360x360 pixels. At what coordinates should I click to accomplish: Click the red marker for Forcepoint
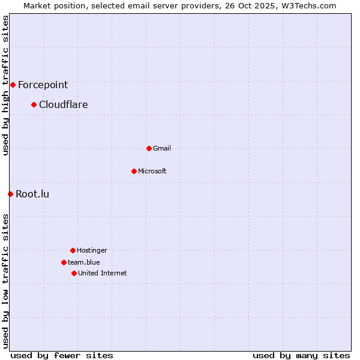pyautogui.click(x=13, y=85)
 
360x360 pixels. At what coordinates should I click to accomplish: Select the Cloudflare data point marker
pyautogui.click(x=34, y=105)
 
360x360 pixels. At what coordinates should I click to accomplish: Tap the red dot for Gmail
pyautogui.click(x=149, y=148)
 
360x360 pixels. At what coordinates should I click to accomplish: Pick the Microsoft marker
pyautogui.click(x=134, y=171)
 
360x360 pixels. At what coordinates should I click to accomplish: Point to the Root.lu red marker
pyautogui.click(x=10, y=194)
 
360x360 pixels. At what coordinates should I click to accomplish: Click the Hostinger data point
pyautogui.click(x=73, y=250)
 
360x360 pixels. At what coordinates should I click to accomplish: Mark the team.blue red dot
pyautogui.click(x=64, y=262)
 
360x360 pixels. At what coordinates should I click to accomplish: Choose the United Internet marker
pyautogui.click(x=74, y=273)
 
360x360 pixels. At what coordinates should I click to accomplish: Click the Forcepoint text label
pyautogui.click(x=43, y=85)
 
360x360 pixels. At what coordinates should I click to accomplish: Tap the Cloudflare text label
pyautogui.click(x=63, y=105)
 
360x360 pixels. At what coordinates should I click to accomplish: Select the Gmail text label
pyautogui.click(x=162, y=148)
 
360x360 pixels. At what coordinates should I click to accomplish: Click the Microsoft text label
pyautogui.click(x=152, y=171)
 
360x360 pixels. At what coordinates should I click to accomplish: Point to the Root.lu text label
pyautogui.click(x=32, y=194)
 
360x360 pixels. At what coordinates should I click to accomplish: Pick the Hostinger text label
pyautogui.click(x=92, y=250)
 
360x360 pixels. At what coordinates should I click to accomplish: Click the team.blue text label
pyautogui.click(x=84, y=262)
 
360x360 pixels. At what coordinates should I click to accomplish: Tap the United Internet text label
pyautogui.click(x=103, y=273)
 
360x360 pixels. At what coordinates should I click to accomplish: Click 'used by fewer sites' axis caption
pyautogui.click(x=62, y=355)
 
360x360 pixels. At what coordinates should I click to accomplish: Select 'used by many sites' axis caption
pyautogui.click(x=301, y=355)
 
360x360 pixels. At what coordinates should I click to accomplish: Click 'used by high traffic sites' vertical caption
pyautogui.click(x=6, y=85)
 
